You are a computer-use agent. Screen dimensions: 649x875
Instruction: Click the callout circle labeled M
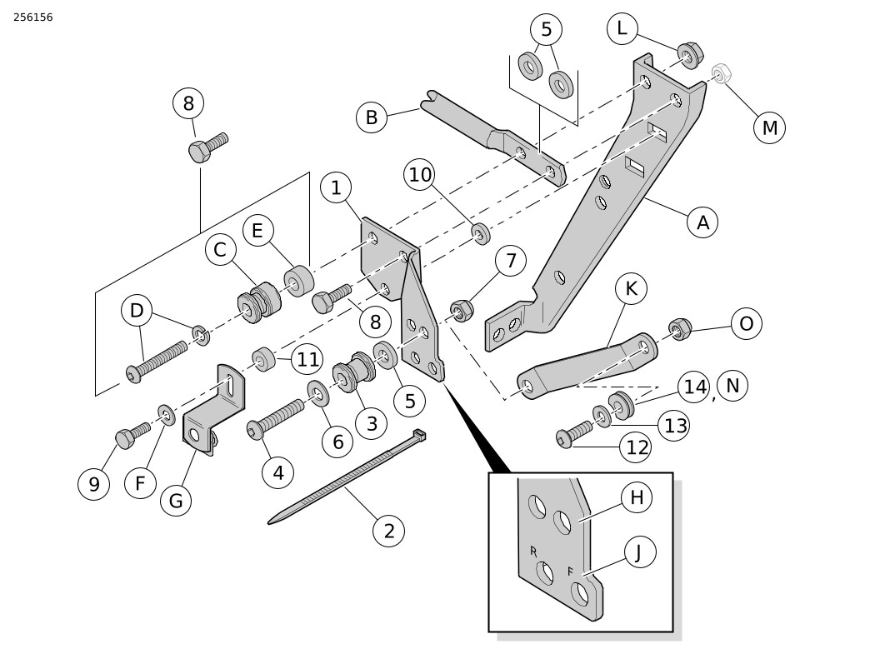tap(769, 128)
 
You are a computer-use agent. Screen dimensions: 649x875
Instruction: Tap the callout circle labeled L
tap(622, 29)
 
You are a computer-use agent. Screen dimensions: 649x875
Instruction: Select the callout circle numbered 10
tap(420, 175)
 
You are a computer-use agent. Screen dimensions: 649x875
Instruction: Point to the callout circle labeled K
tap(631, 289)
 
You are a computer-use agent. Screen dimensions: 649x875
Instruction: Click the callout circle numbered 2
tap(388, 531)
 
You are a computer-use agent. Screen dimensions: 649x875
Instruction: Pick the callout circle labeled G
tap(176, 501)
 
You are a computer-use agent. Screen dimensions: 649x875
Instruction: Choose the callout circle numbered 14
tap(693, 387)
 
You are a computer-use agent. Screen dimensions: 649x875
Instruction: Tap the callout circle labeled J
tap(639, 552)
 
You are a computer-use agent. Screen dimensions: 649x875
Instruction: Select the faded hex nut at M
tap(721, 74)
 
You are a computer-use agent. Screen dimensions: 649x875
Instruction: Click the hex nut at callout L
tap(690, 55)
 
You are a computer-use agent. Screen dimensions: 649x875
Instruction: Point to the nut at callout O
tap(680, 328)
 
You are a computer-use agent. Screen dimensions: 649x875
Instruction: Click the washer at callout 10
tap(480, 233)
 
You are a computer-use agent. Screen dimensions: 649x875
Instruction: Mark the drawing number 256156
tap(33, 17)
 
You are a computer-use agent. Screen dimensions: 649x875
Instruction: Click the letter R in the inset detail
tap(533, 551)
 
